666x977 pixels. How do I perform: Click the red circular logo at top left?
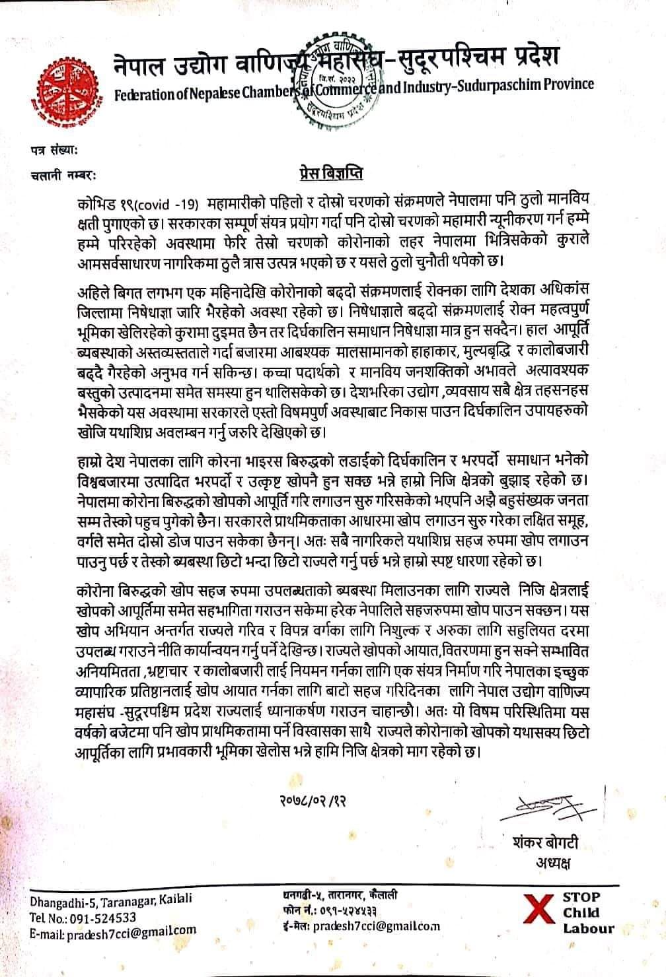67,83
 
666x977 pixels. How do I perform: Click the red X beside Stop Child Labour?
538,912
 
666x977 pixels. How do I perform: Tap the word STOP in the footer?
581,897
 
